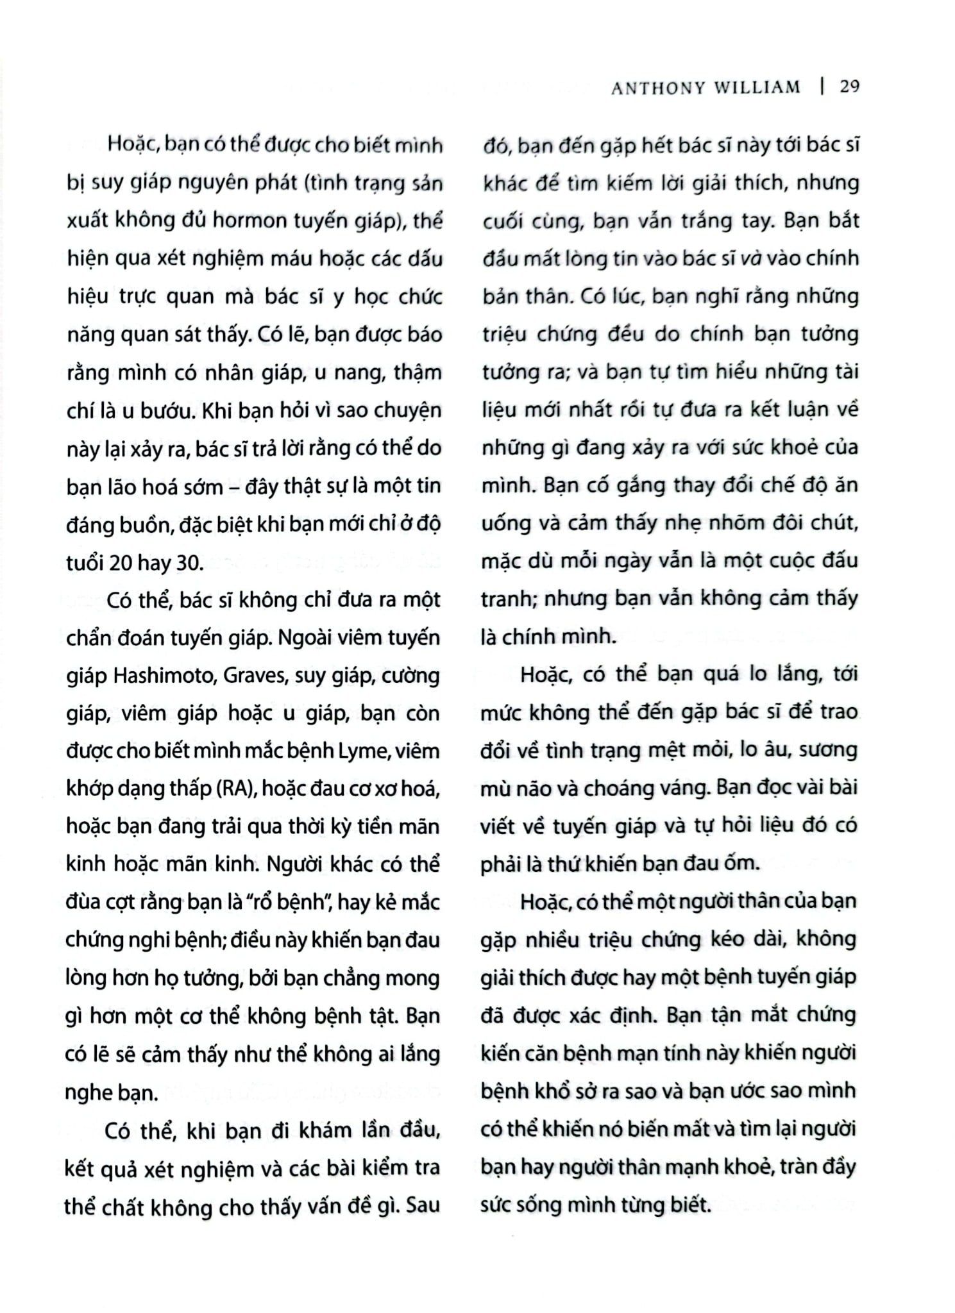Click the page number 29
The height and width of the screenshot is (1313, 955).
click(x=849, y=87)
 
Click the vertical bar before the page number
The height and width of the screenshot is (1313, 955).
click(x=822, y=87)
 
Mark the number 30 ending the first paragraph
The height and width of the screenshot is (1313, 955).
click(x=189, y=562)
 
